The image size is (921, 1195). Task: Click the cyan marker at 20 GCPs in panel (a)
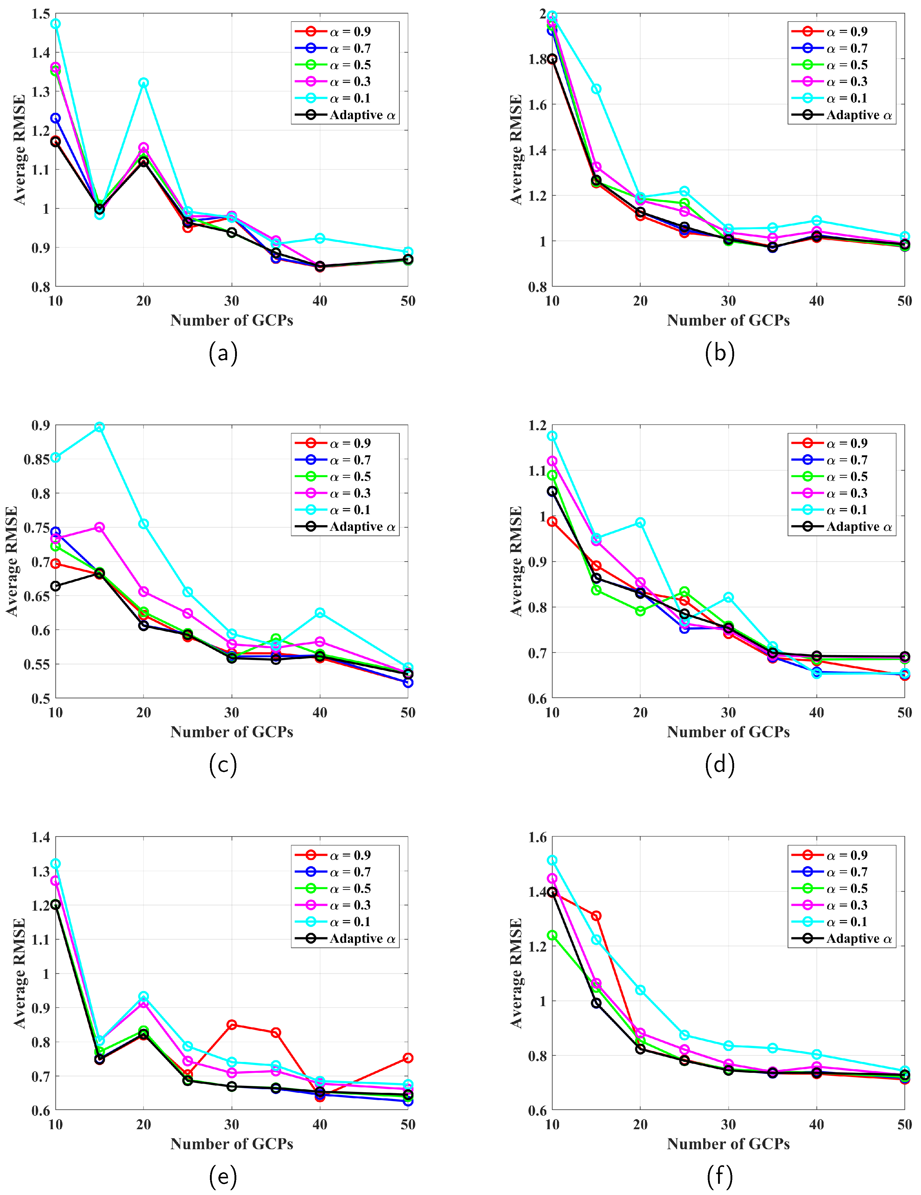point(143,83)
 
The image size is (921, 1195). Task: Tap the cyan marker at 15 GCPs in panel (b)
point(596,89)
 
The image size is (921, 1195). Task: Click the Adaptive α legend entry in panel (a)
point(345,115)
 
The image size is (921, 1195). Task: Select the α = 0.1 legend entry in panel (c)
point(345,510)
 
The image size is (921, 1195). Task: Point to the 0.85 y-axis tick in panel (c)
point(36,459)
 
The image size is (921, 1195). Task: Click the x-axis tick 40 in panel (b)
point(816,301)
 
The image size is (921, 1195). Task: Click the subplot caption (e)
point(223,1177)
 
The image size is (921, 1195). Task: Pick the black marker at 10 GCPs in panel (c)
point(55,586)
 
